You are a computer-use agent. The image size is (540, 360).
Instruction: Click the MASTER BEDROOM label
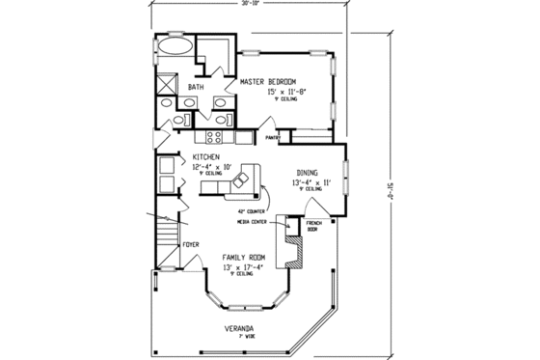[x=268, y=80]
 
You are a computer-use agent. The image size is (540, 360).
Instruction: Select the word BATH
[x=196, y=88]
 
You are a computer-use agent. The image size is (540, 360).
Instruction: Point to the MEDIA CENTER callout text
[x=254, y=220]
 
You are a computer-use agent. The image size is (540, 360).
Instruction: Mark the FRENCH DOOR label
[x=312, y=228]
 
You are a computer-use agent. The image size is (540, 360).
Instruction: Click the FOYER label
[x=190, y=245]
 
